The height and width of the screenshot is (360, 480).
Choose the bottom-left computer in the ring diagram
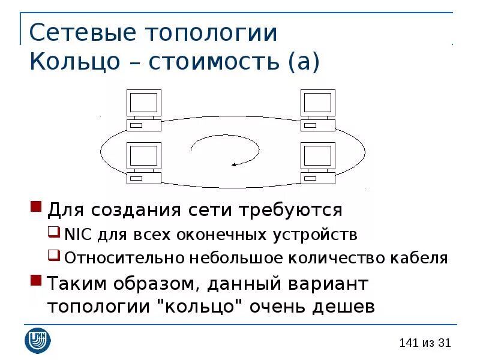144,163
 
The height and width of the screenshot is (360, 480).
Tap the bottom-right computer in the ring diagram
318,163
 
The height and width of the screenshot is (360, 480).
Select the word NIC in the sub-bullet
76,233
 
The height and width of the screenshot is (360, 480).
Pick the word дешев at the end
345,307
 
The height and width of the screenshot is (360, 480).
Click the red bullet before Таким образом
36,281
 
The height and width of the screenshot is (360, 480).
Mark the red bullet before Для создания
36,208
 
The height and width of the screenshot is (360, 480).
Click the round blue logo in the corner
38,340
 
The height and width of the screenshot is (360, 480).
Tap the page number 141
407,343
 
